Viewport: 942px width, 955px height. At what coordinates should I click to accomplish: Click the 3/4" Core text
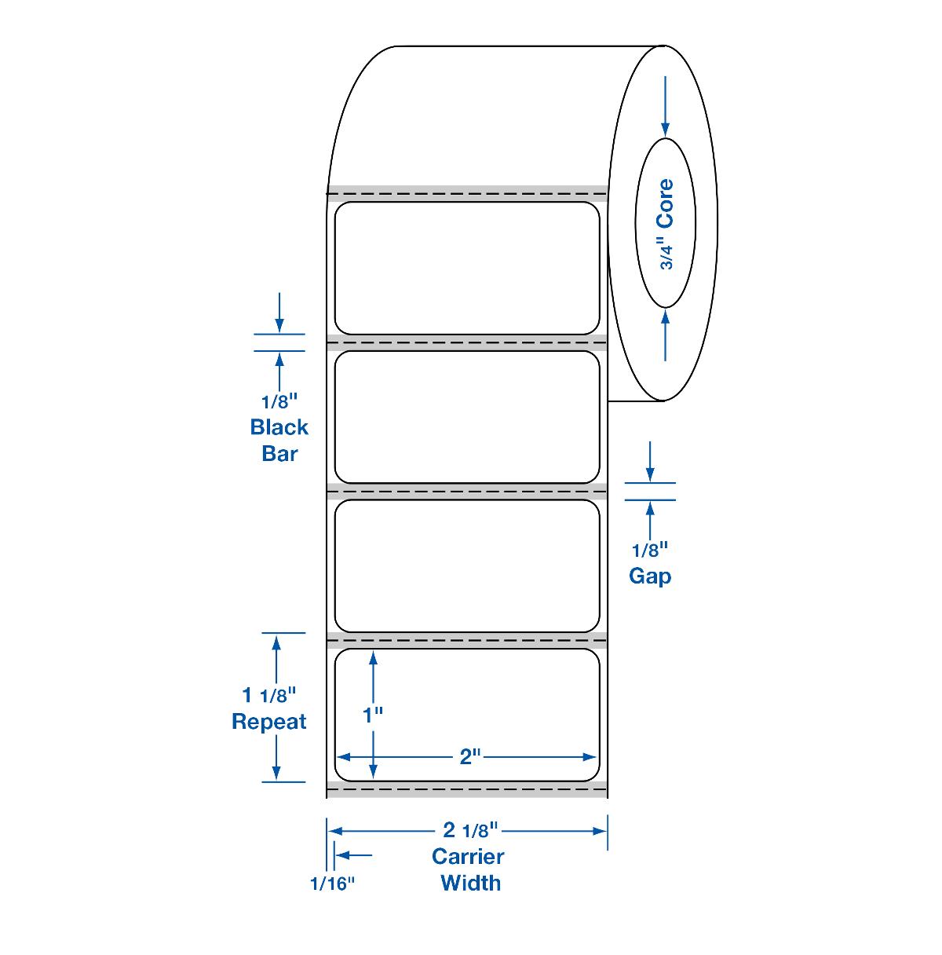pos(666,224)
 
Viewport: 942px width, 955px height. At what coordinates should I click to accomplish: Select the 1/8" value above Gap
pos(650,550)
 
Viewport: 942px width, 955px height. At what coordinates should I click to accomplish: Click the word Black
pos(279,427)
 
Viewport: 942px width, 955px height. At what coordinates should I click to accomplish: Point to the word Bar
pos(279,453)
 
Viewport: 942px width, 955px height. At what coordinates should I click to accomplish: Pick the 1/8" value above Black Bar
pos(279,401)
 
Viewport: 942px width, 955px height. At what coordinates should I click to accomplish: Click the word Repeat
pos(269,722)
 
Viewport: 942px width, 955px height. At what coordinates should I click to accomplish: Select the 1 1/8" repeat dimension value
pos(269,695)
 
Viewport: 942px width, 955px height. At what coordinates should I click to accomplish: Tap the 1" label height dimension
pos(373,715)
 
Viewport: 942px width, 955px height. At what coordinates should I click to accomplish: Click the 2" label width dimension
pos(470,757)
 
